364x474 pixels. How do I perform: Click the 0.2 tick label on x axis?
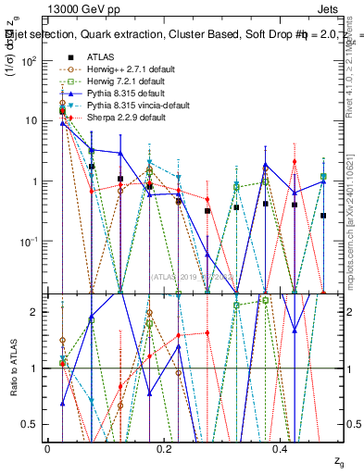tap(164, 448)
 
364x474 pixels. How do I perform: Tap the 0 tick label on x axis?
tap(47, 448)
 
